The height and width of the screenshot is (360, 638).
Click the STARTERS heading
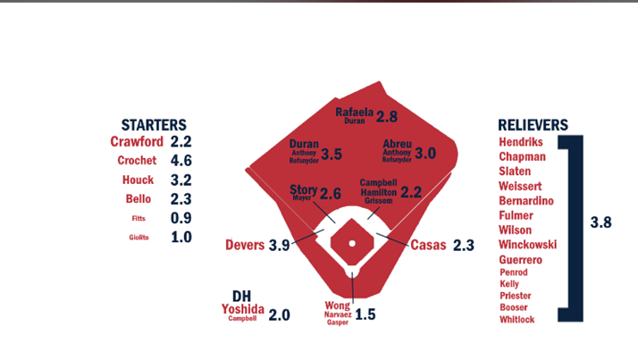[154, 125]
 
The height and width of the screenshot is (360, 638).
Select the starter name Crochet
[137, 161]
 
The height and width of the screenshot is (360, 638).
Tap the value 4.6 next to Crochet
[181, 161]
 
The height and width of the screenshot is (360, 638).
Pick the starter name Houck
[139, 180]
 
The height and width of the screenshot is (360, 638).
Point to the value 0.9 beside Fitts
[181, 218]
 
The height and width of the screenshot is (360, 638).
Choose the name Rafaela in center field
[354, 112]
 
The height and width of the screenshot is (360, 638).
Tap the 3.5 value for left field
[332, 154]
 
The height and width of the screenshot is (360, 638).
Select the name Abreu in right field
[397, 143]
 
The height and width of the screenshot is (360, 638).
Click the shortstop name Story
[304, 190]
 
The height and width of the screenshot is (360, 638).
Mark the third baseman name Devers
[245, 245]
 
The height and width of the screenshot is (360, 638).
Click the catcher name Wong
[338, 306]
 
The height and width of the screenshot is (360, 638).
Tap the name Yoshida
[241, 309]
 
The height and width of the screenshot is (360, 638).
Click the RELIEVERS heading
[534, 125]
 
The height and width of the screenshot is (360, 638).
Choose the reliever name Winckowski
[530, 244]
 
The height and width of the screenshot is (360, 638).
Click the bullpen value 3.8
[601, 223]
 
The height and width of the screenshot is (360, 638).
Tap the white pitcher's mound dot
[352, 243]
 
